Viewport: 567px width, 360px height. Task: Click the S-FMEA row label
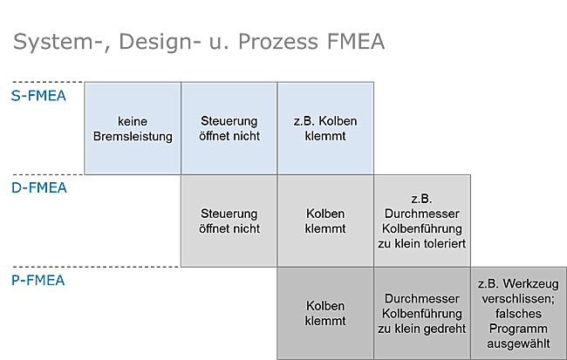[x=38, y=96]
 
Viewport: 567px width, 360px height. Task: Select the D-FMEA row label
[x=39, y=188]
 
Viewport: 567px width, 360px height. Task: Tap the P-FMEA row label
[x=38, y=281]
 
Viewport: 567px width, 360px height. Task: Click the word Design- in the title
[x=160, y=42]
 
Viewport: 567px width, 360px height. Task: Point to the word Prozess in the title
[x=278, y=42]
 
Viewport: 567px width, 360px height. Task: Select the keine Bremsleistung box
[x=133, y=128]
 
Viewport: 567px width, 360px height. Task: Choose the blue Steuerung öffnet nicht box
[x=229, y=128]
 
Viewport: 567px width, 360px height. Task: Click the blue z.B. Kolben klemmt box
[x=325, y=128]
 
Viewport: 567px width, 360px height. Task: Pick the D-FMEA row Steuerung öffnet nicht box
[x=229, y=221]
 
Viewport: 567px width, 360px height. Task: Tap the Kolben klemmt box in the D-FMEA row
[x=325, y=221]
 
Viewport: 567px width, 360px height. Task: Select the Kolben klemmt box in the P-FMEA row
[x=325, y=314]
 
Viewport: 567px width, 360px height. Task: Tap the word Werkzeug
[x=533, y=284]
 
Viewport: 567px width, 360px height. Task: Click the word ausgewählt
[x=518, y=343]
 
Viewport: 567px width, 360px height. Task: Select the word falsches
[x=518, y=314]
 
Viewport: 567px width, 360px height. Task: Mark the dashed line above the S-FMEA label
[x=47, y=82]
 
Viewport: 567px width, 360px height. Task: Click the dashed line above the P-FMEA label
[x=96, y=267]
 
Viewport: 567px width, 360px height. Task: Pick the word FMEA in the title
[x=356, y=42]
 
